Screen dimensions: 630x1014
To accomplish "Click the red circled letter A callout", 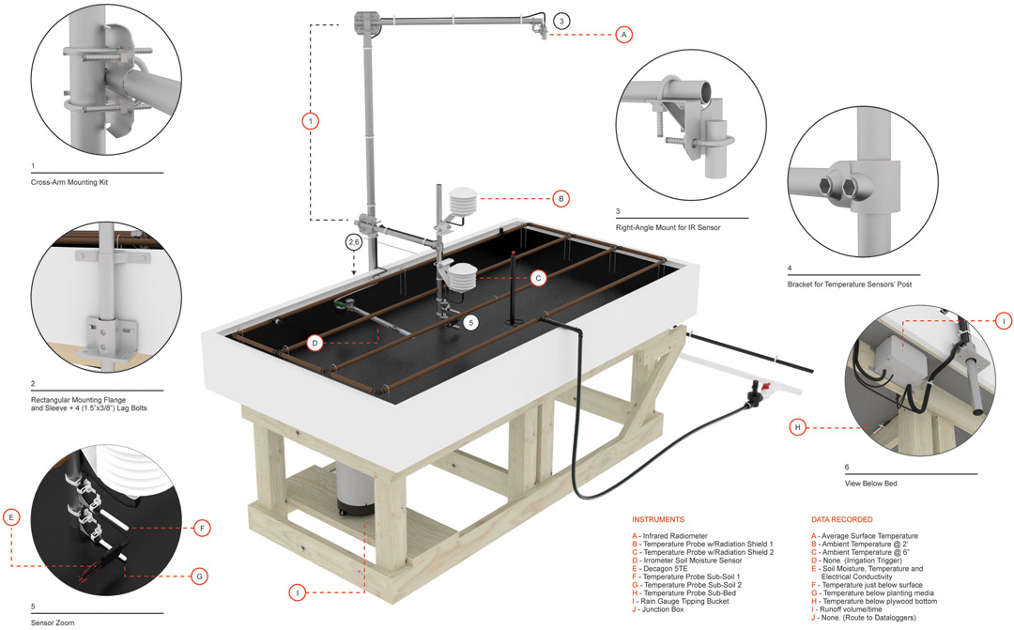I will click(x=622, y=34).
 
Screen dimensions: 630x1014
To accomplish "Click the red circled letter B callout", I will click(x=560, y=198).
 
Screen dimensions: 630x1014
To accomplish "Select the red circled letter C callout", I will click(x=537, y=277).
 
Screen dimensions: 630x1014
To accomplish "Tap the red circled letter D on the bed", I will click(x=315, y=343).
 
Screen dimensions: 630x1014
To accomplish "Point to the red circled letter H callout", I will click(x=797, y=427).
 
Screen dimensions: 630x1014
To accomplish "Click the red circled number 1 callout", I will click(x=311, y=120).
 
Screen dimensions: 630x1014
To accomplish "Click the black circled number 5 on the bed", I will click(x=471, y=322).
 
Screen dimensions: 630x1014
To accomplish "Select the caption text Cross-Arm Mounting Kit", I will click(x=69, y=182).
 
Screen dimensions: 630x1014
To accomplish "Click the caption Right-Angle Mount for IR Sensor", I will click(x=668, y=227).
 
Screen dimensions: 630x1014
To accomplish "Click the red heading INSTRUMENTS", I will click(x=658, y=519).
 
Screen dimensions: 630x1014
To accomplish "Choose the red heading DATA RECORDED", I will click(x=841, y=519).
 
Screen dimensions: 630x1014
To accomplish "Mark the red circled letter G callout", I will click(x=199, y=576).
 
